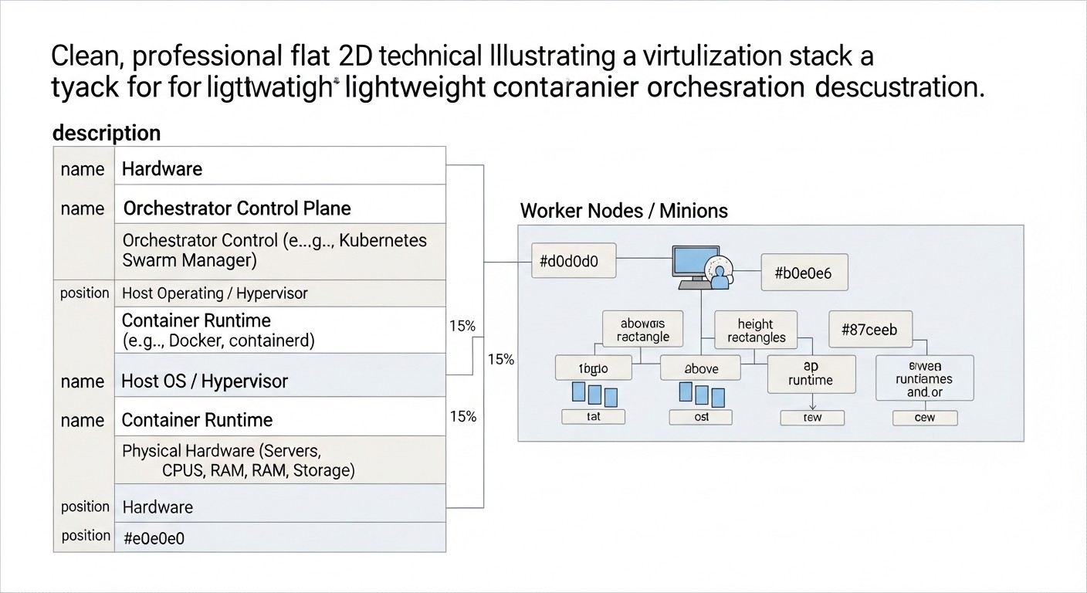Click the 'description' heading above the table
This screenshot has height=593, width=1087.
107,133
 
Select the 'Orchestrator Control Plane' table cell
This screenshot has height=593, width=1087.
237,208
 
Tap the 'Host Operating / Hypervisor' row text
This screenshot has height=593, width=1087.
215,293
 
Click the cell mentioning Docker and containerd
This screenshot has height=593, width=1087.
218,330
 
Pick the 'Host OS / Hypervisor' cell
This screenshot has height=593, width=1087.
205,381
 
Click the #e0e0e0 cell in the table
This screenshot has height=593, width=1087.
154,539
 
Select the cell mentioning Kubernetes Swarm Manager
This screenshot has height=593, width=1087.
274,250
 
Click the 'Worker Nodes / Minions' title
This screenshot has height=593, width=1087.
624,211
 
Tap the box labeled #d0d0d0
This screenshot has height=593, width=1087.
568,262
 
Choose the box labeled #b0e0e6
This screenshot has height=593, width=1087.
804,273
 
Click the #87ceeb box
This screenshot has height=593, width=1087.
869,330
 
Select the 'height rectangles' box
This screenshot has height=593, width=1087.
756,331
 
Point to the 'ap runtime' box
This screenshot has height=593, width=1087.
811,374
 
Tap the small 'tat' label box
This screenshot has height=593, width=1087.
593,417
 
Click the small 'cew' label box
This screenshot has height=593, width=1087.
924,418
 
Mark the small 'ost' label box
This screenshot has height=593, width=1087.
701,417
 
